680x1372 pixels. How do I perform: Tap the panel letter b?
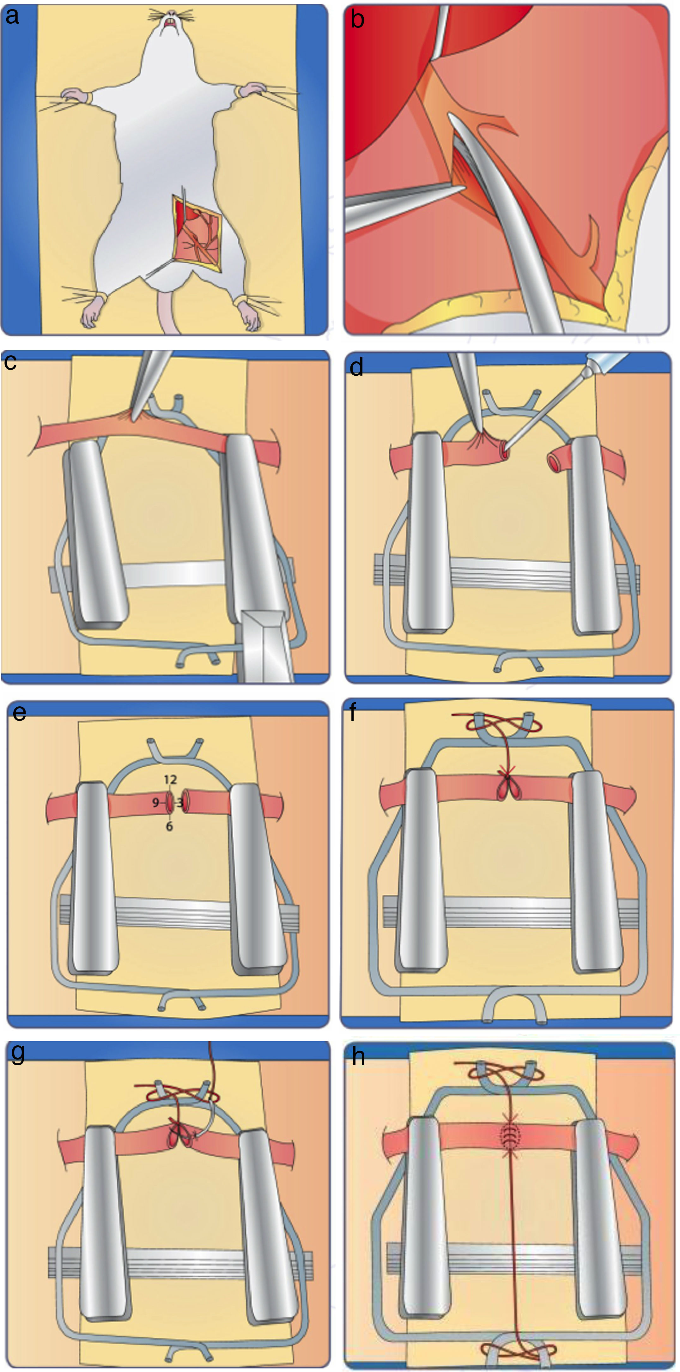[x=358, y=19]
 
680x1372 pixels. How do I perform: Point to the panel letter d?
[x=356, y=367]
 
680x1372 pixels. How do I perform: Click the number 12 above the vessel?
[x=170, y=780]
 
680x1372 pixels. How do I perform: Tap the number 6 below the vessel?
[x=169, y=827]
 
